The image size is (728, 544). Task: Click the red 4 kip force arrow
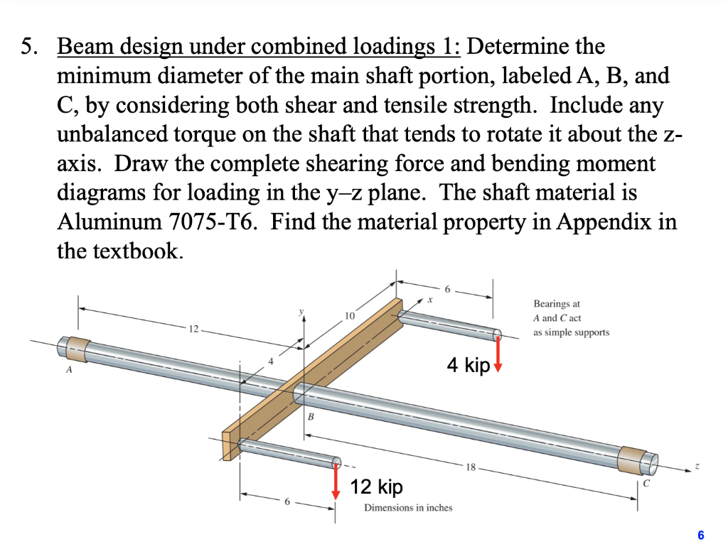pyautogui.click(x=498, y=354)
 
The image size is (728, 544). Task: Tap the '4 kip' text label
pyautogui.click(x=469, y=365)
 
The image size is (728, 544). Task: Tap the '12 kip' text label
pyautogui.click(x=376, y=487)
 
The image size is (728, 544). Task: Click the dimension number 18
pyautogui.click(x=470, y=467)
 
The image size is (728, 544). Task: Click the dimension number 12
pyautogui.click(x=194, y=329)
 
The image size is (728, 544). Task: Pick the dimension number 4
pyautogui.click(x=270, y=361)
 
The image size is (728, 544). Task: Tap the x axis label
pyautogui.click(x=429, y=300)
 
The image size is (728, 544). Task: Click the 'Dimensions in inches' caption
pyautogui.click(x=407, y=507)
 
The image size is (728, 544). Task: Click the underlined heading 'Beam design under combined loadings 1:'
pyautogui.click(x=259, y=47)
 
